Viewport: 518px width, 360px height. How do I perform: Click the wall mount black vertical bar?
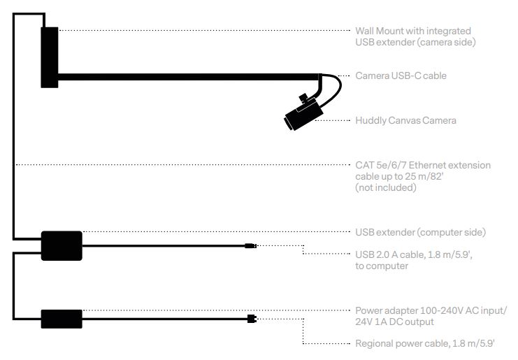pyautogui.click(x=49, y=57)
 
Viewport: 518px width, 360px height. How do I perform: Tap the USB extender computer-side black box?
pyautogui.click(x=62, y=245)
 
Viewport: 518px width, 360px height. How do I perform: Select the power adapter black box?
pyautogui.click(x=62, y=319)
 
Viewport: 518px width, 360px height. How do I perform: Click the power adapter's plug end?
pyautogui.click(x=252, y=319)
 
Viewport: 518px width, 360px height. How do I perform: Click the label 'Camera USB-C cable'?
pyautogui.click(x=400, y=75)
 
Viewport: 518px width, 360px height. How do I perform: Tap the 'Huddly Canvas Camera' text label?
pyautogui.click(x=405, y=120)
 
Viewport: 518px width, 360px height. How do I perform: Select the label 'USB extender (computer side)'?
pyautogui.click(x=420, y=232)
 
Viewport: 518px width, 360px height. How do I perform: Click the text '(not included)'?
pyautogui.click(x=385, y=187)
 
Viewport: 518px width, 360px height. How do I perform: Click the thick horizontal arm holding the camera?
pyautogui.click(x=189, y=76)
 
